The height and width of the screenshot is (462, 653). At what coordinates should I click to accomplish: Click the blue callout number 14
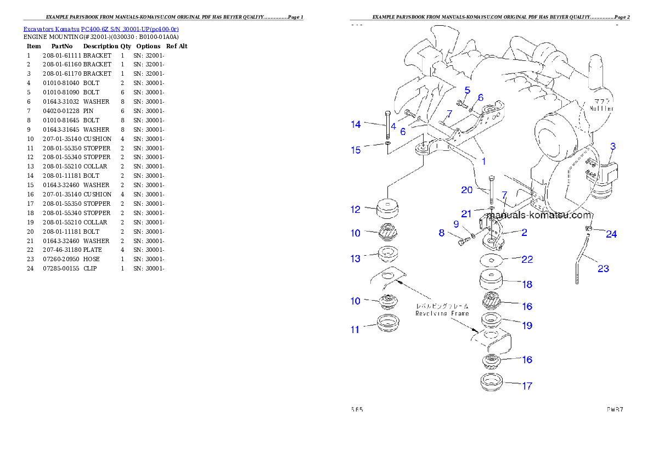pyautogui.click(x=356, y=125)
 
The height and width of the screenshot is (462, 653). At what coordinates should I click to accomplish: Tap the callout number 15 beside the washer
pyautogui.click(x=356, y=150)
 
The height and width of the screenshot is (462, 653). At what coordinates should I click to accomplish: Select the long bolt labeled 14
pyautogui.click(x=387, y=125)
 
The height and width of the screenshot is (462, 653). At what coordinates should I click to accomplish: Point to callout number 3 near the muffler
pyautogui.click(x=613, y=147)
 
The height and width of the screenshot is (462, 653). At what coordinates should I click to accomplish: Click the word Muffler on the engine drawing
pyautogui.click(x=601, y=109)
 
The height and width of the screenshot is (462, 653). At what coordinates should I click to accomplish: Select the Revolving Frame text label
pyautogui.click(x=442, y=313)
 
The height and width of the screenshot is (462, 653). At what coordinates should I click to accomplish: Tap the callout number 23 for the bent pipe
pyautogui.click(x=603, y=269)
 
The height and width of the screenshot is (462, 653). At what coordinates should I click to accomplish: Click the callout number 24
pyautogui.click(x=611, y=234)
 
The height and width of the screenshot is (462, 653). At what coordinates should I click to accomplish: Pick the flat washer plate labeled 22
pyautogui.click(x=492, y=260)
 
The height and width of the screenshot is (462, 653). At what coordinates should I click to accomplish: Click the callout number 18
pyautogui.click(x=527, y=284)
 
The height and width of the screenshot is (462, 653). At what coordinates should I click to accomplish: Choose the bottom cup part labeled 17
pyautogui.click(x=492, y=382)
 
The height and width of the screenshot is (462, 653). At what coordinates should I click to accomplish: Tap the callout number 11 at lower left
pyautogui.click(x=355, y=329)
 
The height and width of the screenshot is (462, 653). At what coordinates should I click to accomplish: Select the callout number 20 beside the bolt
pyautogui.click(x=466, y=190)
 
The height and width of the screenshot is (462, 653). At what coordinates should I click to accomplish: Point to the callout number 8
pyautogui.click(x=441, y=233)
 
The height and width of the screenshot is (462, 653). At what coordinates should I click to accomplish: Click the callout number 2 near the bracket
pyautogui.click(x=524, y=233)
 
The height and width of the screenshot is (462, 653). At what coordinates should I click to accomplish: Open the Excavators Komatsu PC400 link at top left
pyautogui.click(x=101, y=29)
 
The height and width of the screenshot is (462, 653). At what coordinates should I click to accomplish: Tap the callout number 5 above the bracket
pyautogui.click(x=467, y=89)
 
